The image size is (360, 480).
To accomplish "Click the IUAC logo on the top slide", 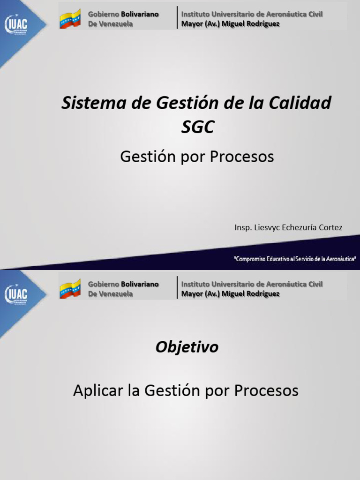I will [16, 25].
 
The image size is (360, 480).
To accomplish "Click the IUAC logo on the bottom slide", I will [16, 294].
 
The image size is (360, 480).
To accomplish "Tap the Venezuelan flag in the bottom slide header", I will [70, 289].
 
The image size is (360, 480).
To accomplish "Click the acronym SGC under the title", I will [197, 127].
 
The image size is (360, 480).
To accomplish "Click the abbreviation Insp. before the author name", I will [243, 227].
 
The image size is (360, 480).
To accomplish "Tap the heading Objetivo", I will [187, 347].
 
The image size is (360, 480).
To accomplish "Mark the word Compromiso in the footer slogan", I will [254, 258].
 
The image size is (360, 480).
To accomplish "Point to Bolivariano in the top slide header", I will [140, 15].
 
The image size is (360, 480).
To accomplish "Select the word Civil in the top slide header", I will [315, 15].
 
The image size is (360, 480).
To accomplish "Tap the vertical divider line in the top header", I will [177, 18].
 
